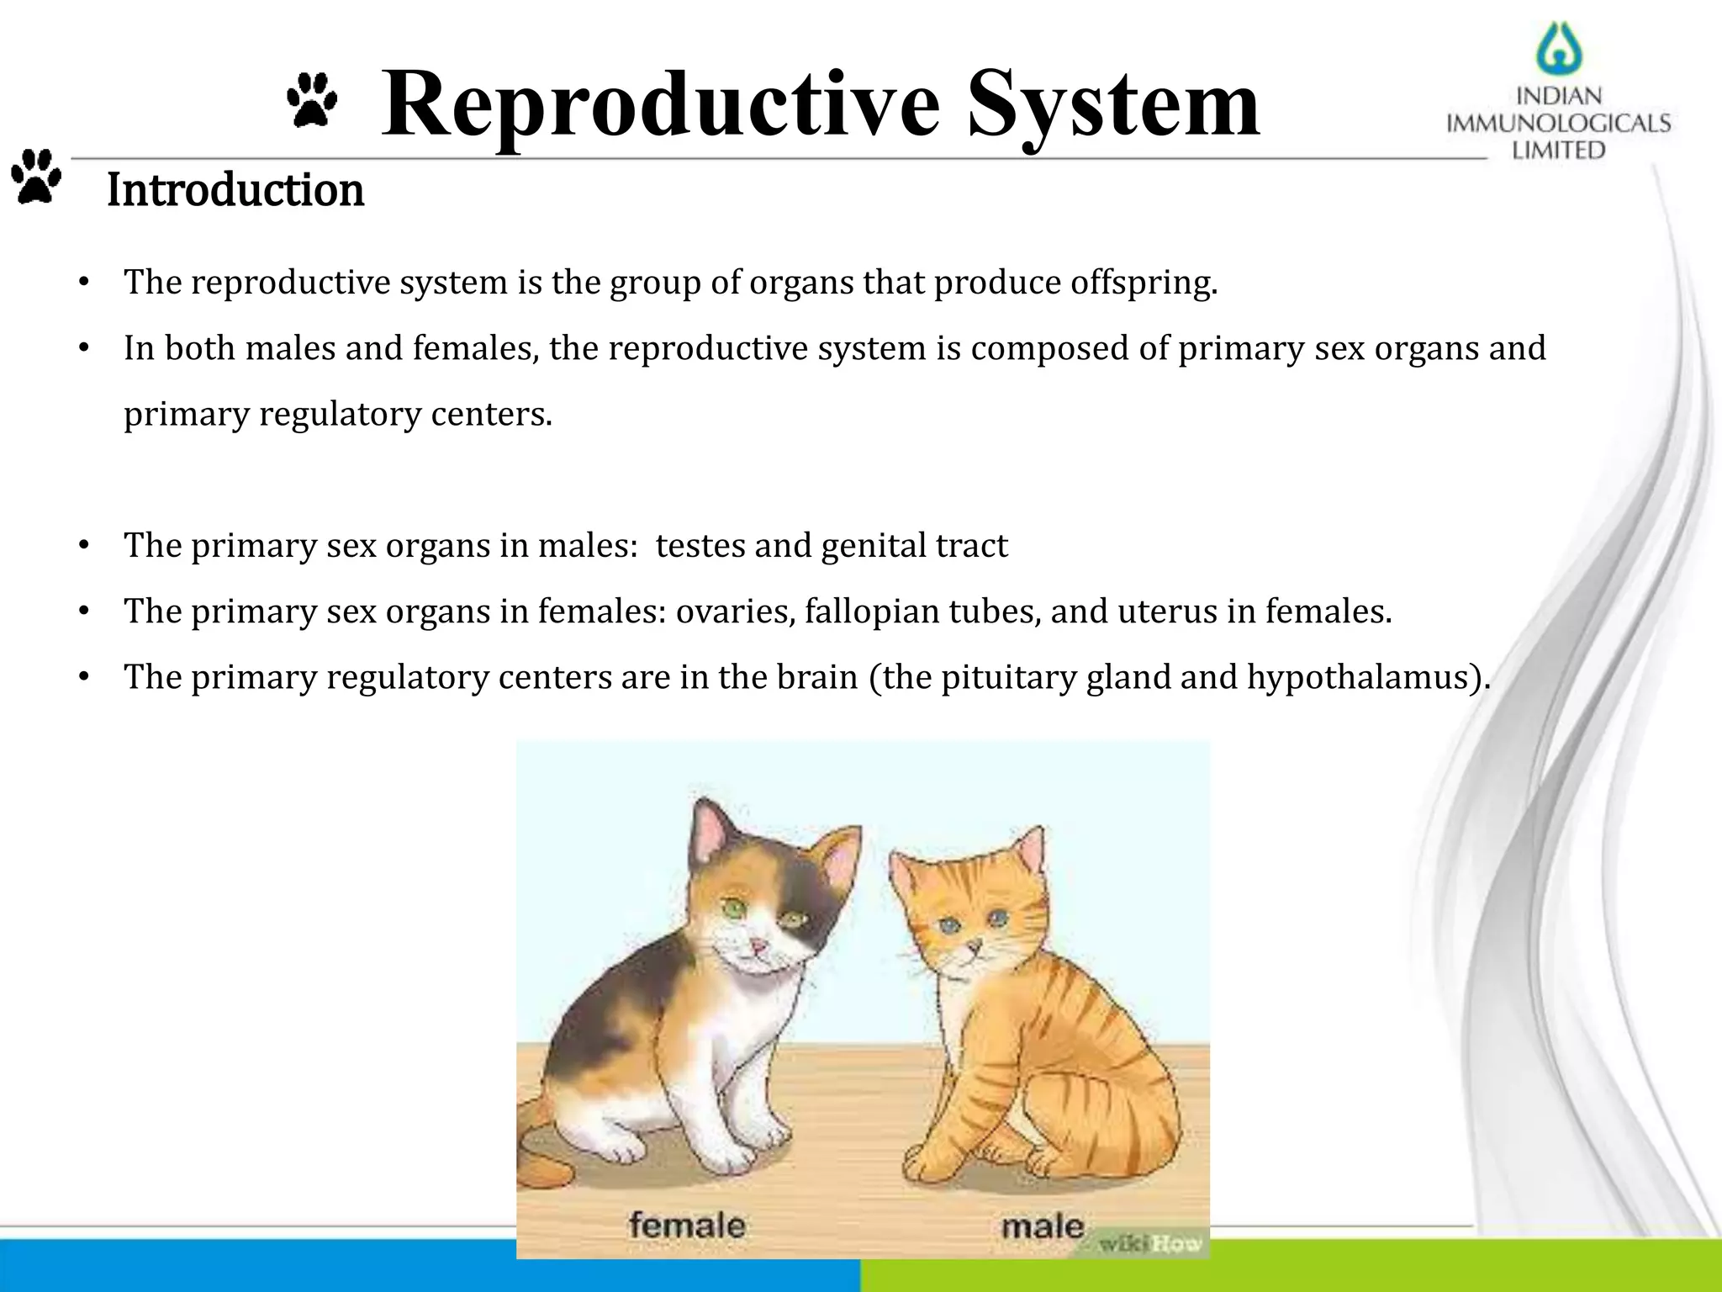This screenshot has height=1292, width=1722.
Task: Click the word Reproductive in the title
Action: [x=660, y=105]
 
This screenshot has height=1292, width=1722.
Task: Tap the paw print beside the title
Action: [x=312, y=100]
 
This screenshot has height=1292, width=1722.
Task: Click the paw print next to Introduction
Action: [x=36, y=177]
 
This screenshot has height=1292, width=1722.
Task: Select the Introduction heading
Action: [x=235, y=190]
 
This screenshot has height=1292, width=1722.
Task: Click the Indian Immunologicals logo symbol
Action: [x=1559, y=49]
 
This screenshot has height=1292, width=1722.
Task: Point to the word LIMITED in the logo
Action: [x=1558, y=151]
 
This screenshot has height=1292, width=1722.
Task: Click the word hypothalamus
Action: [x=1360, y=677]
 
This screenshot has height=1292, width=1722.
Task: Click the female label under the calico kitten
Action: [x=687, y=1225]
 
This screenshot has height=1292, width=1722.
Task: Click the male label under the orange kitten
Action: [x=1042, y=1226]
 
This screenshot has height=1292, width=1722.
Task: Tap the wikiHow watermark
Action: [x=1149, y=1243]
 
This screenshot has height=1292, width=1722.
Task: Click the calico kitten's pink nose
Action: [x=758, y=948]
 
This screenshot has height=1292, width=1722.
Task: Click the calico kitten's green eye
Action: [x=733, y=908]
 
